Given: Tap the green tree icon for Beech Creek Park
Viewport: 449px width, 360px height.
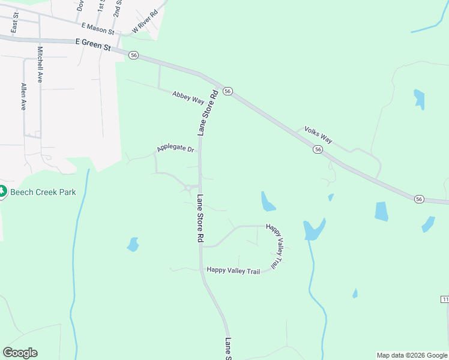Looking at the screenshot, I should (x=2, y=191).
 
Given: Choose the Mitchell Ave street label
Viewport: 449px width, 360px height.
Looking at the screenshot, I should (x=40, y=64).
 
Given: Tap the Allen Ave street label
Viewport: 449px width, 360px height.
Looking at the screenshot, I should (x=23, y=97).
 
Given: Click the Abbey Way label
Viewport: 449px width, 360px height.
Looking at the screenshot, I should (x=188, y=97).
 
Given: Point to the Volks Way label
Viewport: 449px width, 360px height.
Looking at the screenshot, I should (x=318, y=136).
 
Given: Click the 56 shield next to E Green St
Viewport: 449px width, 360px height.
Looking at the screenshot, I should (x=133, y=55).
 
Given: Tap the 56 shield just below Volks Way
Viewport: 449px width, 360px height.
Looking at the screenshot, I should (x=318, y=149).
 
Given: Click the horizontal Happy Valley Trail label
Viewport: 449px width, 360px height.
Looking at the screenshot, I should (x=233, y=271).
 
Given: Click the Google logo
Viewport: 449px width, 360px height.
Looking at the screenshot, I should (x=20, y=353).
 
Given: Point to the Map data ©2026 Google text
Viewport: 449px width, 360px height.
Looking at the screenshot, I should (x=412, y=355).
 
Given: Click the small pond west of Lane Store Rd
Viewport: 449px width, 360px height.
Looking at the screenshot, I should (x=133, y=244).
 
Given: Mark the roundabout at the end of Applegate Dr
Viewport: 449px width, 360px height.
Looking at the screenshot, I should (x=188, y=188).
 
